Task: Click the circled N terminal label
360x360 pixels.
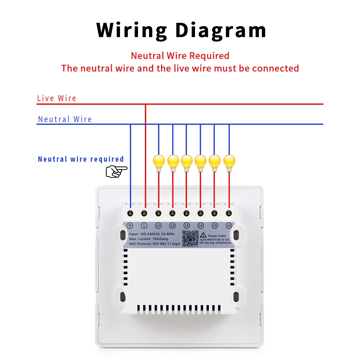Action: pos(130,226)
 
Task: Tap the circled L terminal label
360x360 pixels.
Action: pos(144,226)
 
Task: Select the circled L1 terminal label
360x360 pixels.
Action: pos(158,226)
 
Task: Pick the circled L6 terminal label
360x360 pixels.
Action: pos(229,226)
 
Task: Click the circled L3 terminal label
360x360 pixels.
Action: pos(186,226)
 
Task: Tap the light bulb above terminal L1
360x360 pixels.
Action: pos(159,163)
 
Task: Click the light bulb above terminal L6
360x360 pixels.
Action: pos(229,163)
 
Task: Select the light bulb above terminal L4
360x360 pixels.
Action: pos(200,163)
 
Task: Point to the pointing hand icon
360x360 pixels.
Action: pos(116,171)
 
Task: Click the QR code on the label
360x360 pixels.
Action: pos(190,238)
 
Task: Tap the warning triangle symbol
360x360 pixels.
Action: pos(203,235)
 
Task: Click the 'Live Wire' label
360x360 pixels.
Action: pos(57,98)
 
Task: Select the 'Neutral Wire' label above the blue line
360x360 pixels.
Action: pos(65,119)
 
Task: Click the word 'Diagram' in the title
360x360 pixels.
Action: pos(220,31)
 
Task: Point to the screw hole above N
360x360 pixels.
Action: pos(130,213)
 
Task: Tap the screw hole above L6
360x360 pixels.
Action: pos(229,213)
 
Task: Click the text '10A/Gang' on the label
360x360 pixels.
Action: pos(160,239)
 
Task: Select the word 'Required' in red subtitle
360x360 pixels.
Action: pos(209,56)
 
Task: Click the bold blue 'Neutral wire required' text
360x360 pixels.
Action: pos(81,159)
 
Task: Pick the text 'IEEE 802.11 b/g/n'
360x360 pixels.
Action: pos(166,244)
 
